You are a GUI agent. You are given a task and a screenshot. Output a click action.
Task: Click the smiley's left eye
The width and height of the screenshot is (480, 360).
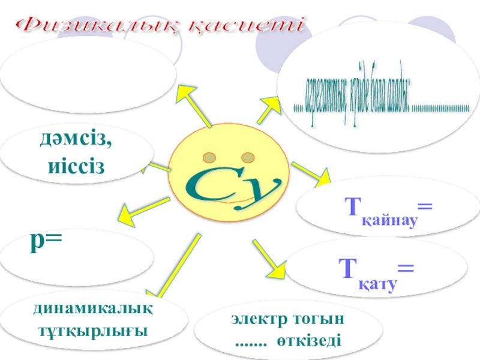point(209,158)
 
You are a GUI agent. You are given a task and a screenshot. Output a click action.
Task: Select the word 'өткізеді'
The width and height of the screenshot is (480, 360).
point(310,341)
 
